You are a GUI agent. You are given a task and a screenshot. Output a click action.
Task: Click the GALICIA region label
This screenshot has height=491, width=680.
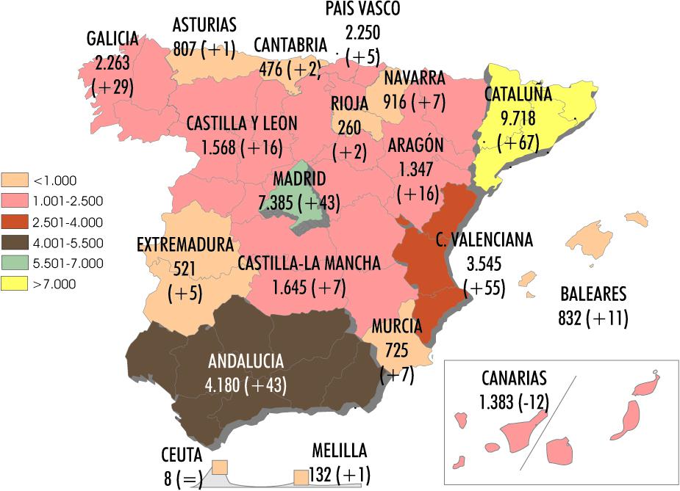click(x=112, y=38)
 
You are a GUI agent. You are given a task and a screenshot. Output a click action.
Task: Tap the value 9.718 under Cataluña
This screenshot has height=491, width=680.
click(x=518, y=118)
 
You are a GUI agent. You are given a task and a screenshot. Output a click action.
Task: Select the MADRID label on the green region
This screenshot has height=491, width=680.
click(x=299, y=179)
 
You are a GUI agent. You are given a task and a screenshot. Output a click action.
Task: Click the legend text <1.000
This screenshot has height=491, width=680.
click(x=55, y=181)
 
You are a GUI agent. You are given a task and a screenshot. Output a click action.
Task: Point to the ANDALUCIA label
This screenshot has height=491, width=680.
click(x=246, y=360)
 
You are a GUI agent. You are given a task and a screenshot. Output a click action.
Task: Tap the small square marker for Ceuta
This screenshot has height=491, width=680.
click(x=220, y=468)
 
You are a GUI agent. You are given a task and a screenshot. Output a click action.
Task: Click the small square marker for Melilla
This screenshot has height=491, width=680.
click(x=301, y=478)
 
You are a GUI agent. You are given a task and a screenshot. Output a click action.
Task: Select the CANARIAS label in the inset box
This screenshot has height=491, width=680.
click(x=515, y=379)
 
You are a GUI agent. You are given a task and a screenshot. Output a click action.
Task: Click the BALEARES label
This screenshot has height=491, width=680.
click(x=593, y=295)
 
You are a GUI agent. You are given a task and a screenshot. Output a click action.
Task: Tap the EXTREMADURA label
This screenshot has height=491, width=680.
click(x=185, y=244)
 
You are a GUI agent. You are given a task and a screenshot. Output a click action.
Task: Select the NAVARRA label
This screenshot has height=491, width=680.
click(x=414, y=79)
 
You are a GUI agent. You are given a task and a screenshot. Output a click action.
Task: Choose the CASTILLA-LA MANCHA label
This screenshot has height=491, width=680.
click(x=309, y=263)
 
